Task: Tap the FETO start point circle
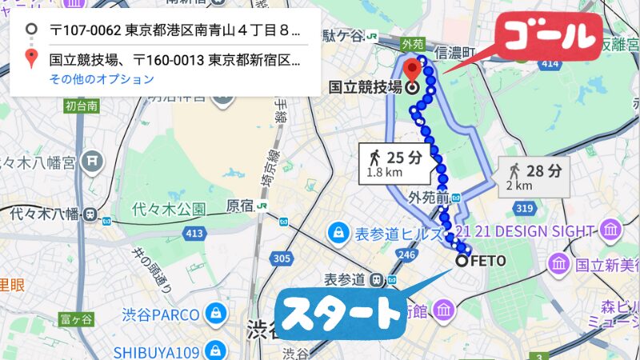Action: point(462,260)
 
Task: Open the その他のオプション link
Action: point(102,79)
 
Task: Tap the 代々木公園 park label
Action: point(169,210)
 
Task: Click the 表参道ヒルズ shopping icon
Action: point(338,234)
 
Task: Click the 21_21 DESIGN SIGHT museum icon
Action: point(612,230)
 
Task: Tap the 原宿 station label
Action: point(241,206)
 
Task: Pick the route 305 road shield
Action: point(281,258)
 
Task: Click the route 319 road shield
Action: point(525,209)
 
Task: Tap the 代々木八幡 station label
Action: point(45,214)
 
